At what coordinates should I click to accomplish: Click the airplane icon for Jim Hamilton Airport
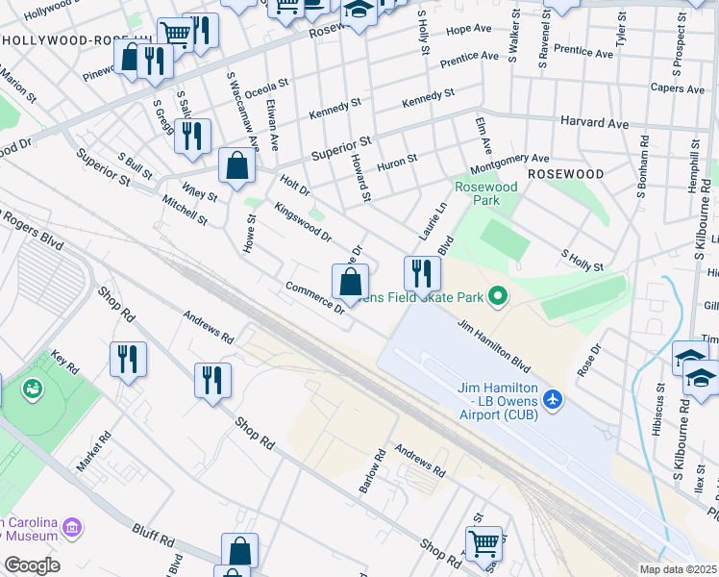coord(552,398)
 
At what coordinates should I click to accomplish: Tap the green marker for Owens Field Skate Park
coord(497,296)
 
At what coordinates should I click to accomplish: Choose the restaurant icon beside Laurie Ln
coord(421,274)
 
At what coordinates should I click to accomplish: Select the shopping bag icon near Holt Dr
coord(236,165)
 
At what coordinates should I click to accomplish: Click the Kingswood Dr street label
coord(302,221)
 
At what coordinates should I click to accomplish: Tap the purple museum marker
coord(73,526)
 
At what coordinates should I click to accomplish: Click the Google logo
coord(31,565)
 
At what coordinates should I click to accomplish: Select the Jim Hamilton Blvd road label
coord(494,346)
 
